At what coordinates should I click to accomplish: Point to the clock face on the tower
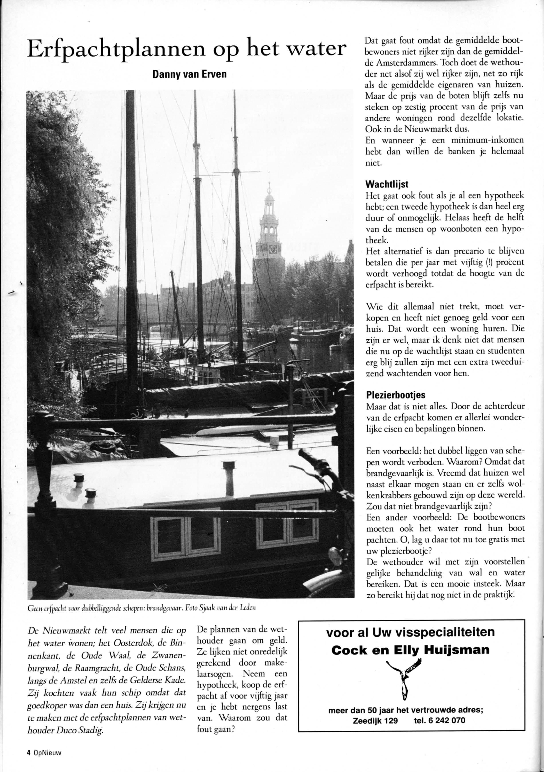(x=273, y=249)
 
